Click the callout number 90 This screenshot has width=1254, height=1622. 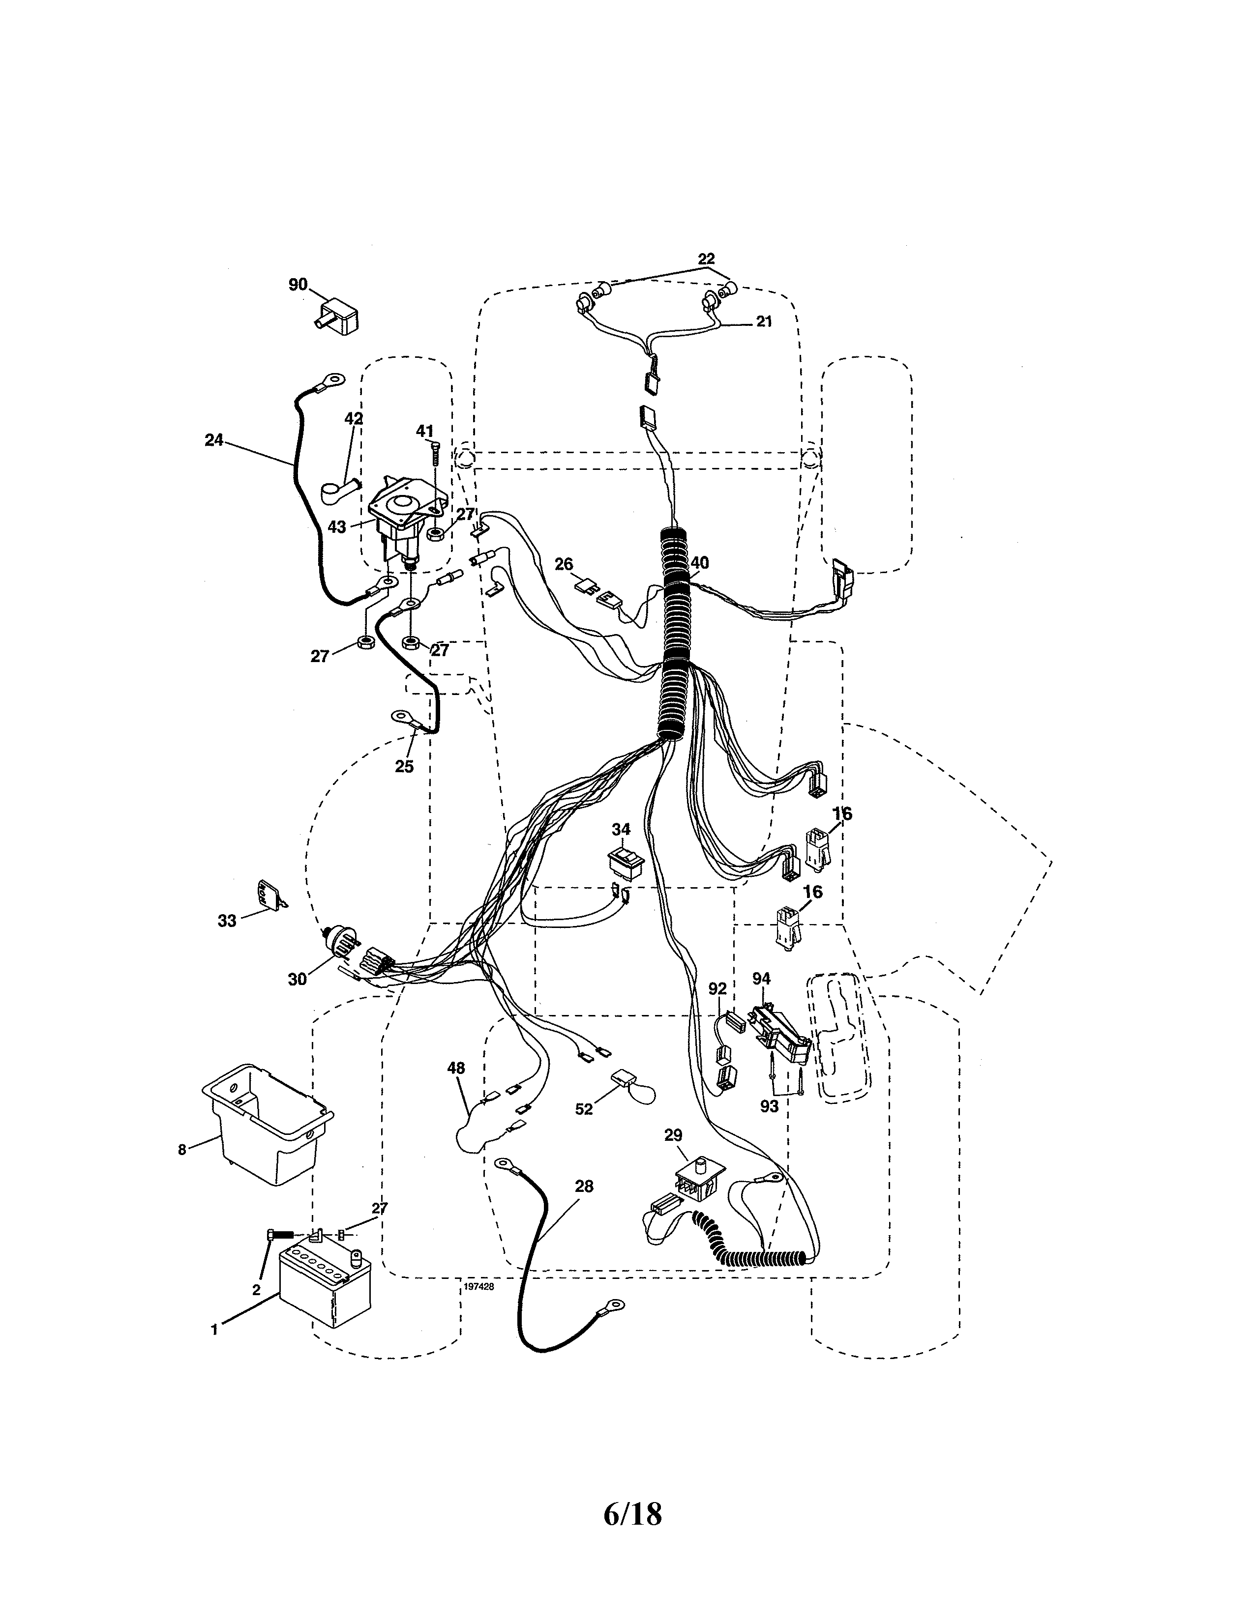tap(297, 285)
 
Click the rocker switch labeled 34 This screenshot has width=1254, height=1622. tap(626, 862)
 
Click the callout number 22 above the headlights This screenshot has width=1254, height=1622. tap(706, 259)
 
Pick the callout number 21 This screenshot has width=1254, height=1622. tap(764, 321)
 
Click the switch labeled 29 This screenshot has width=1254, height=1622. tap(696, 1186)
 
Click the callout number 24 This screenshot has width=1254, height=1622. tap(214, 440)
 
